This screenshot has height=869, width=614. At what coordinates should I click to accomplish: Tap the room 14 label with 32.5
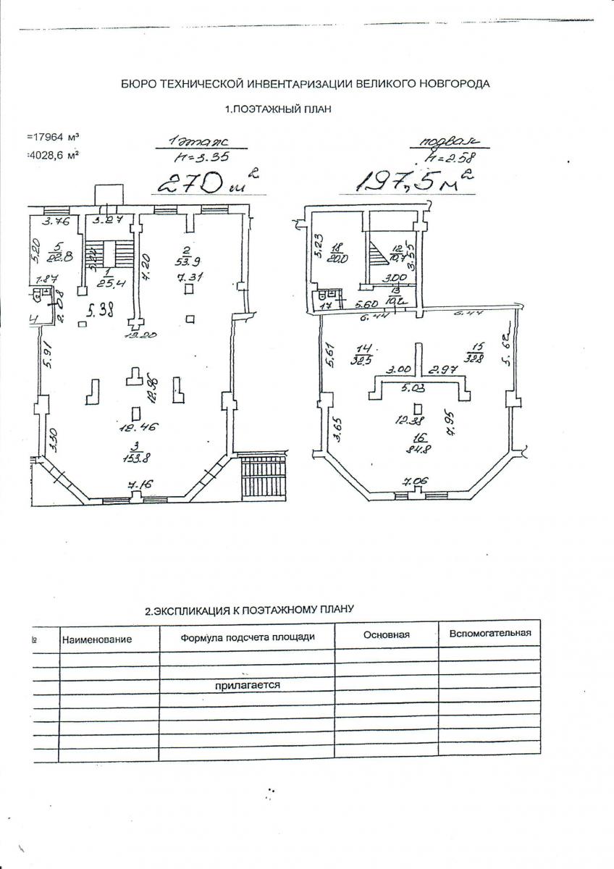(358, 353)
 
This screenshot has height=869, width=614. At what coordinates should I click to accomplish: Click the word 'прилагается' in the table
(246, 684)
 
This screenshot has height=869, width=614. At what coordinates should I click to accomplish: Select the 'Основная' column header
(386, 634)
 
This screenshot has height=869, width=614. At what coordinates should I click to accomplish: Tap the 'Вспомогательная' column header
(489, 633)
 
